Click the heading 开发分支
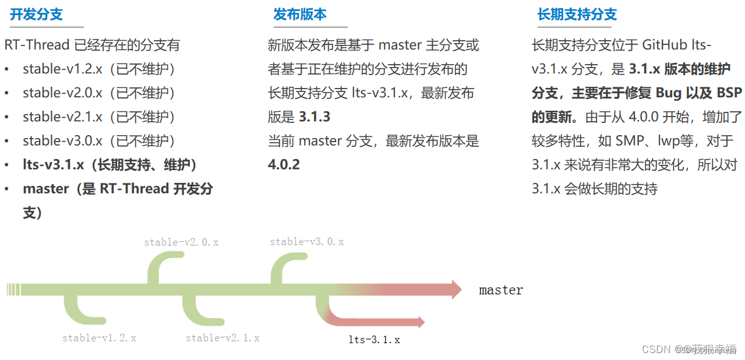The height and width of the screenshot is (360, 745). click(36, 15)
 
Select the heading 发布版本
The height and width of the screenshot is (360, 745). click(300, 15)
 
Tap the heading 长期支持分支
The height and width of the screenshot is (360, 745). click(577, 15)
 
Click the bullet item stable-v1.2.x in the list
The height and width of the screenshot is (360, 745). click(62, 69)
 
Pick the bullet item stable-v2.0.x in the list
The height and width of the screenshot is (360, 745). click(62, 93)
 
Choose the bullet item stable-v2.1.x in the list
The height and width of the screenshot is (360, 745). click(62, 117)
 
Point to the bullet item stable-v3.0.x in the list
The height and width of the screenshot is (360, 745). click(62, 140)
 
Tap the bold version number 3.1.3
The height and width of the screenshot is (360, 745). click(315, 117)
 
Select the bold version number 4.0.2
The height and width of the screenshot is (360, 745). click(284, 164)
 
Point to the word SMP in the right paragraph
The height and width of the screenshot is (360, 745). click(630, 140)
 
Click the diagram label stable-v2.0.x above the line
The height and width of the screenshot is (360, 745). click(181, 242)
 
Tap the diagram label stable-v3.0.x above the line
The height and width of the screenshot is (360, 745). click(306, 241)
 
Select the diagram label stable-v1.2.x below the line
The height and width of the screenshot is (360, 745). click(99, 337)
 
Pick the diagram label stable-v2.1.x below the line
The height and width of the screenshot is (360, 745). click(223, 337)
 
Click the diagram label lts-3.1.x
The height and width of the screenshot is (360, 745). click(374, 339)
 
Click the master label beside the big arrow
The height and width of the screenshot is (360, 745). click(501, 290)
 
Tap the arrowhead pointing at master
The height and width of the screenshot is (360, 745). click(456, 290)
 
